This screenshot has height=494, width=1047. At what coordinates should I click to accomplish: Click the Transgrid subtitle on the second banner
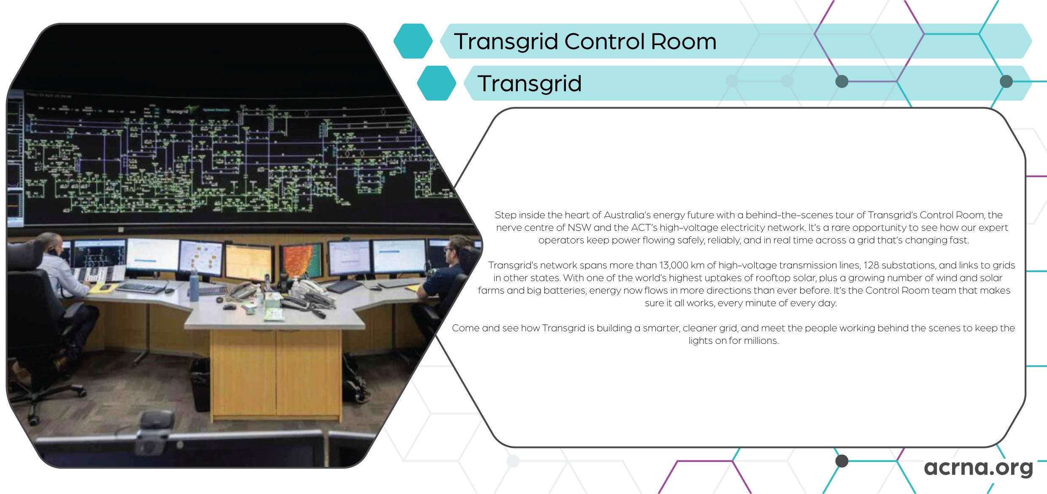(530, 84)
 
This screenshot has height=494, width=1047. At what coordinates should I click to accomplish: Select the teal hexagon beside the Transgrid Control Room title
(413, 41)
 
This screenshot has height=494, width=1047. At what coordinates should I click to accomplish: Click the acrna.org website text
(979, 467)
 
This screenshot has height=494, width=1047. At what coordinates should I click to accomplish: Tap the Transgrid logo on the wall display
(177, 111)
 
